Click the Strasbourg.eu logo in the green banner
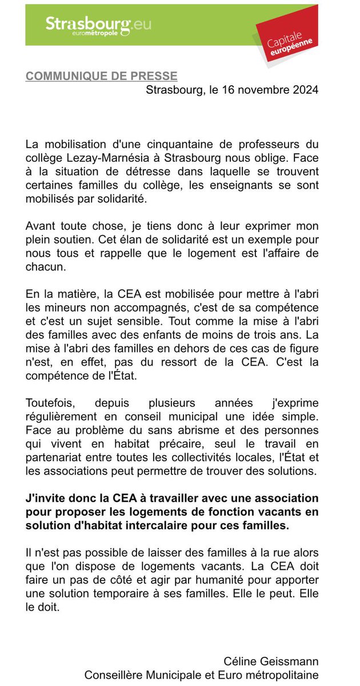pyautogui.click(x=98, y=26)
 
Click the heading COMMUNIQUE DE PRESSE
pyautogui.click(x=101, y=77)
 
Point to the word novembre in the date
pyautogui.click(x=257, y=90)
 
